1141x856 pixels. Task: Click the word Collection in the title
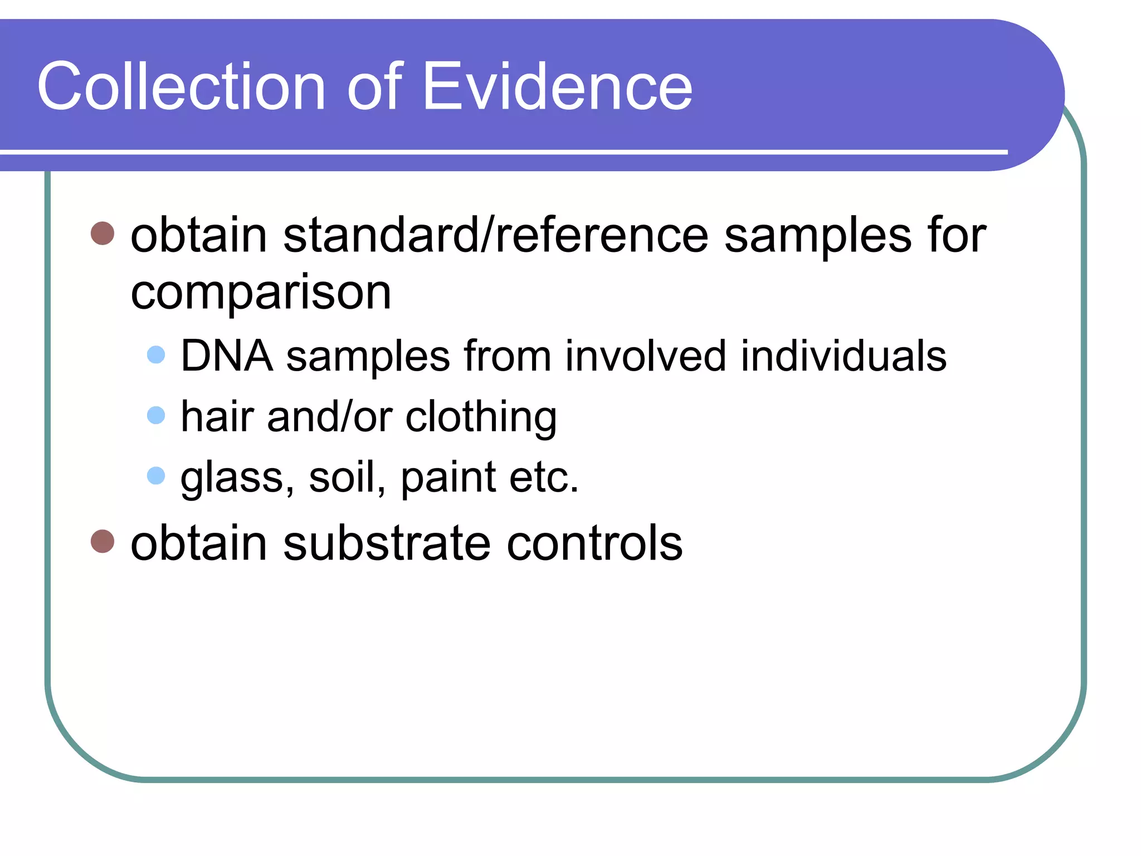(181, 87)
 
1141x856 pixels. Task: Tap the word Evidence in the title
(557, 87)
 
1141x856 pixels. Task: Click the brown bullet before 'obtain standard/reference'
(103, 234)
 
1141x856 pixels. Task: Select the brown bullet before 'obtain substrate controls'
(103, 541)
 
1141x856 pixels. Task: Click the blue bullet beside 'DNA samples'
(156, 354)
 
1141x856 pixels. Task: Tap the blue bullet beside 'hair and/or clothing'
(156, 415)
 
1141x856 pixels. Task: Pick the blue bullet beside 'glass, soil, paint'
(156, 475)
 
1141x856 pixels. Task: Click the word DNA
(227, 356)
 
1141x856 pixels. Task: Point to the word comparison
(261, 294)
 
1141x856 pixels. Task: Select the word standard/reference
(496, 235)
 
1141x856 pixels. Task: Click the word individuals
(843, 356)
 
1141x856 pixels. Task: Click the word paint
(448, 478)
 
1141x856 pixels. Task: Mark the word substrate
(387, 543)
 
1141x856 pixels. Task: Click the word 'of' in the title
(375, 87)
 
